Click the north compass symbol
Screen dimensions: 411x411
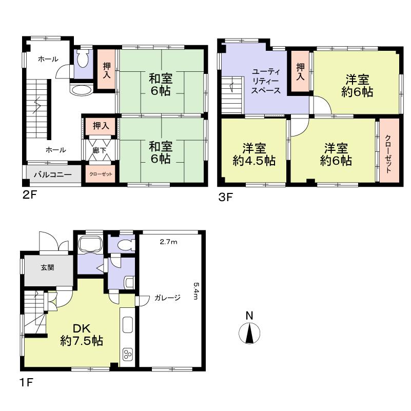(x=248, y=334)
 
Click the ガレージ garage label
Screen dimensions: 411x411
(x=167, y=298)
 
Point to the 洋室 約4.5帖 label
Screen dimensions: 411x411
(x=254, y=154)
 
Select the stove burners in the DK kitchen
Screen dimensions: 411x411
(x=128, y=354)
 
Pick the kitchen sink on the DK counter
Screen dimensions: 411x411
(x=127, y=325)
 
